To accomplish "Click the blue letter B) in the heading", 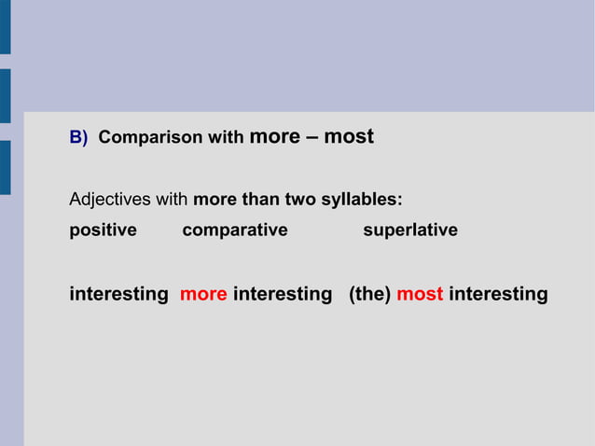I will pyautogui.click(x=78, y=138).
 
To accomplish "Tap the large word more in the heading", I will pyautogui.click(x=274, y=137).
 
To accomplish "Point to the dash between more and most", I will pyautogui.click(x=311, y=137).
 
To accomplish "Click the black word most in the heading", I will pyautogui.click(x=349, y=137).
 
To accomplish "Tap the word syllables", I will pyautogui.click(x=361, y=200).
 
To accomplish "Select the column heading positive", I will pyautogui.click(x=103, y=230).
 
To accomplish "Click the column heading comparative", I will pyautogui.click(x=235, y=230).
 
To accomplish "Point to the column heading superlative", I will pyautogui.click(x=410, y=230).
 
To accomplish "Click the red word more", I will pyautogui.click(x=203, y=295).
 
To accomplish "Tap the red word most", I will pyautogui.click(x=420, y=295).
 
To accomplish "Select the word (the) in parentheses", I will pyautogui.click(x=369, y=295).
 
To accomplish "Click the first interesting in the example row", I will pyautogui.click(x=118, y=295).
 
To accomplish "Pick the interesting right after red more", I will pyautogui.click(x=283, y=295).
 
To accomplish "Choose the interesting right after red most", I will pyautogui.click(x=498, y=295).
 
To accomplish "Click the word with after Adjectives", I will pyautogui.click(x=172, y=200).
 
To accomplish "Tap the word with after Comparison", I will pyautogui.click(x=226, y=138).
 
